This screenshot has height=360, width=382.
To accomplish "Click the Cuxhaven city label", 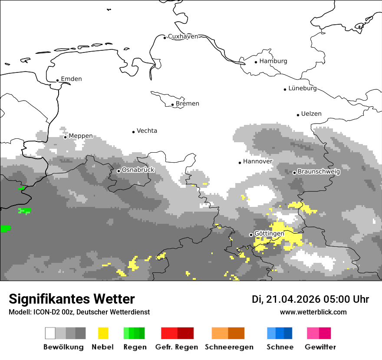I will click(183, 36).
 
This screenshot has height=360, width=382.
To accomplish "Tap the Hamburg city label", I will click(273, 61).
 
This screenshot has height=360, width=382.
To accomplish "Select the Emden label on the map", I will click(71, 79).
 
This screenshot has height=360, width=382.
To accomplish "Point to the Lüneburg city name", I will click(303, 88).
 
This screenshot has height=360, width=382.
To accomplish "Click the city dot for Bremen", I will click(172, 105).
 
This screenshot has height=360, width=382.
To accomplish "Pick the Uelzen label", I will click(311, 114).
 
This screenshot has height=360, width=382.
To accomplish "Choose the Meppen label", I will click(81, 136).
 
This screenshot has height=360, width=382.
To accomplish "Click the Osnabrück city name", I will click(138, 170).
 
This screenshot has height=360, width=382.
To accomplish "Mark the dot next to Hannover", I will click(240, 163).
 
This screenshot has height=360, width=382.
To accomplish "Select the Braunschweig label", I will click(319, 171).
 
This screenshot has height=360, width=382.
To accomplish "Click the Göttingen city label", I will click(269, 233).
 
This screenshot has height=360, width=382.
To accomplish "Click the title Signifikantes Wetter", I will click(72, 299).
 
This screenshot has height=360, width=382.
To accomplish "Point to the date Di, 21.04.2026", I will click(286, 299).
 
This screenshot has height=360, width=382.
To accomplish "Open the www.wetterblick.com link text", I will click(313, 312).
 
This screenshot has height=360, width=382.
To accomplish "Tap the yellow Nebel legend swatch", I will click(103, 333).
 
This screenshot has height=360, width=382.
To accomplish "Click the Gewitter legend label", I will click(320, 347).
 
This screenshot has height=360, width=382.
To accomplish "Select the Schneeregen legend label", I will click(229, 347).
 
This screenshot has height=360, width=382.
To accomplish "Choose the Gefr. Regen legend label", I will click(177, 347).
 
